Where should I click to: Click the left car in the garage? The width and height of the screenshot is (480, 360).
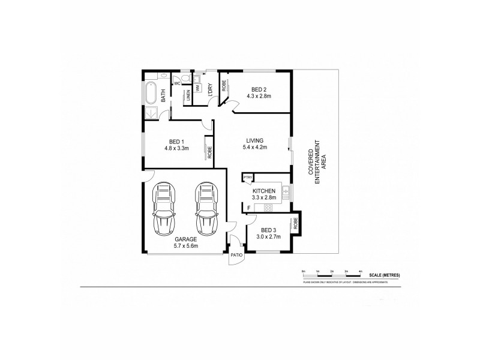(x=165, y=209)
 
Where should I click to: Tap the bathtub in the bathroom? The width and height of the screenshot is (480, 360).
(x=151, y=95)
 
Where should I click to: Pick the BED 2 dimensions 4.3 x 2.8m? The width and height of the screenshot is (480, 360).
(x=259, y=96)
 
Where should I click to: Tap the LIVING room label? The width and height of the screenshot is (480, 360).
(x=254, y=140)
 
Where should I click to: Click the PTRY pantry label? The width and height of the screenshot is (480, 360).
(x=247, y=177)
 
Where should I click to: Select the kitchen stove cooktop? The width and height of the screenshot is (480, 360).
(x=268, y=208)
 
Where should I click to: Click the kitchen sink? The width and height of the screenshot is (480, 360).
(x=286, y=193)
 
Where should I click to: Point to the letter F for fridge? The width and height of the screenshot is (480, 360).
(x=248, y=208)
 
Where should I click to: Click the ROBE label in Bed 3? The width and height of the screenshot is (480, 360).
(x=295, y=224)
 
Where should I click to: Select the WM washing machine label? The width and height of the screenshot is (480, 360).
(x=197, y=88)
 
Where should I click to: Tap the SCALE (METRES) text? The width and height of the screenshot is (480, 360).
(x=385, y=274)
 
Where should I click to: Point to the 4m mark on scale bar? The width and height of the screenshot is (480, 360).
(x=360, y=272)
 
